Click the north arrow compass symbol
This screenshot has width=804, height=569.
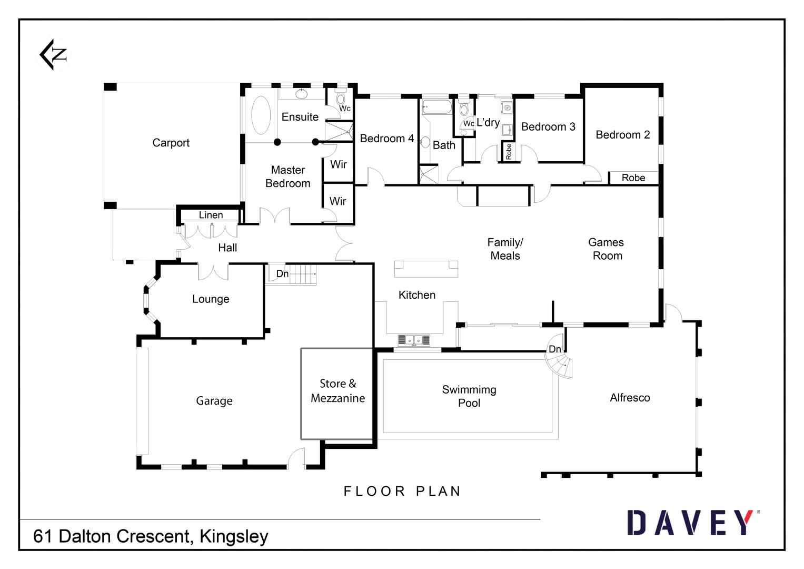click(x=54, y=54)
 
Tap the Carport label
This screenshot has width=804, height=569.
click(x=171, y=143)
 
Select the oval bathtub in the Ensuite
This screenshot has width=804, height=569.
click(x=261, y=115)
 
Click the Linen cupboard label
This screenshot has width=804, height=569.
click(x=211, y=215)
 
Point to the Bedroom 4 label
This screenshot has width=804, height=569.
click(x=386, y=139)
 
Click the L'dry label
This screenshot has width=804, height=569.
click(x=488, y=123)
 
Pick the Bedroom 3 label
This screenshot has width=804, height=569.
click(x=548, y=127)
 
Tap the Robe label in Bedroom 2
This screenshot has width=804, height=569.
click(x=633, y=178)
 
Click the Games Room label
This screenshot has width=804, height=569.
click(x=607, y=249)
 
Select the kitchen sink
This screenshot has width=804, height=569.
click(x=413, y=340)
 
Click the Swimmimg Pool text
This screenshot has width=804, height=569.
click(x=469, y=396)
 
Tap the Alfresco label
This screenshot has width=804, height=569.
click(x=630, y=398)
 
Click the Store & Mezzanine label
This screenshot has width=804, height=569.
click(x=338, y=391)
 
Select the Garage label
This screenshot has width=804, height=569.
click(x=214, y=401)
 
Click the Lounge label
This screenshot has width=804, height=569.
click(x=211, y=299)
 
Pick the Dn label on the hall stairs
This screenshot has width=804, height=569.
click(x=282, y=274)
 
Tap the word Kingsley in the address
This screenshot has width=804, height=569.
click(x=234, y=536)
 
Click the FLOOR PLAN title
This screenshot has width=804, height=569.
click(x=402, y=492)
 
